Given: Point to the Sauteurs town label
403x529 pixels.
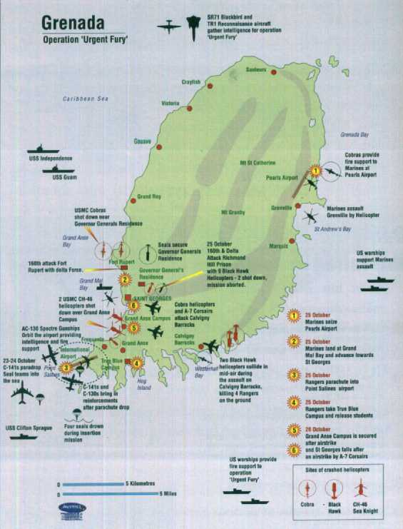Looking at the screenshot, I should [255, 70].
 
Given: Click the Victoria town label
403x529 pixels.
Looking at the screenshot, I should [170, 104].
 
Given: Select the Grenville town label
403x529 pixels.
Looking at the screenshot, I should [282, 208].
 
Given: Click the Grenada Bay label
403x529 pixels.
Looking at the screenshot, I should [354, 134].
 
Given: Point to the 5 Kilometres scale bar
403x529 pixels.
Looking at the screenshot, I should [93, 483].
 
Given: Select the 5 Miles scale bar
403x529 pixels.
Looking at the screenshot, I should [108, 493].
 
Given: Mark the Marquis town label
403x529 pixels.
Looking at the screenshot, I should [278, 246].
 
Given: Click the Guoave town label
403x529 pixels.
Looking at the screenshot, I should [143, 141].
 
